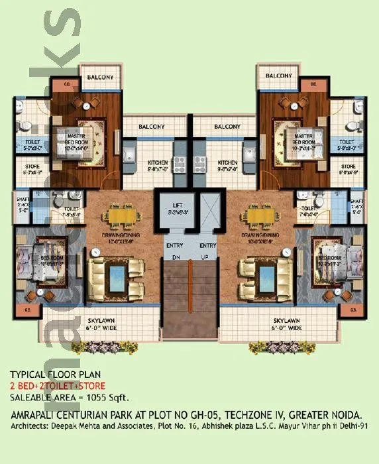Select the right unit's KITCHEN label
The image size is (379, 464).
[228, 162]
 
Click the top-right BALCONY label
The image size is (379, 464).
[278, 77]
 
